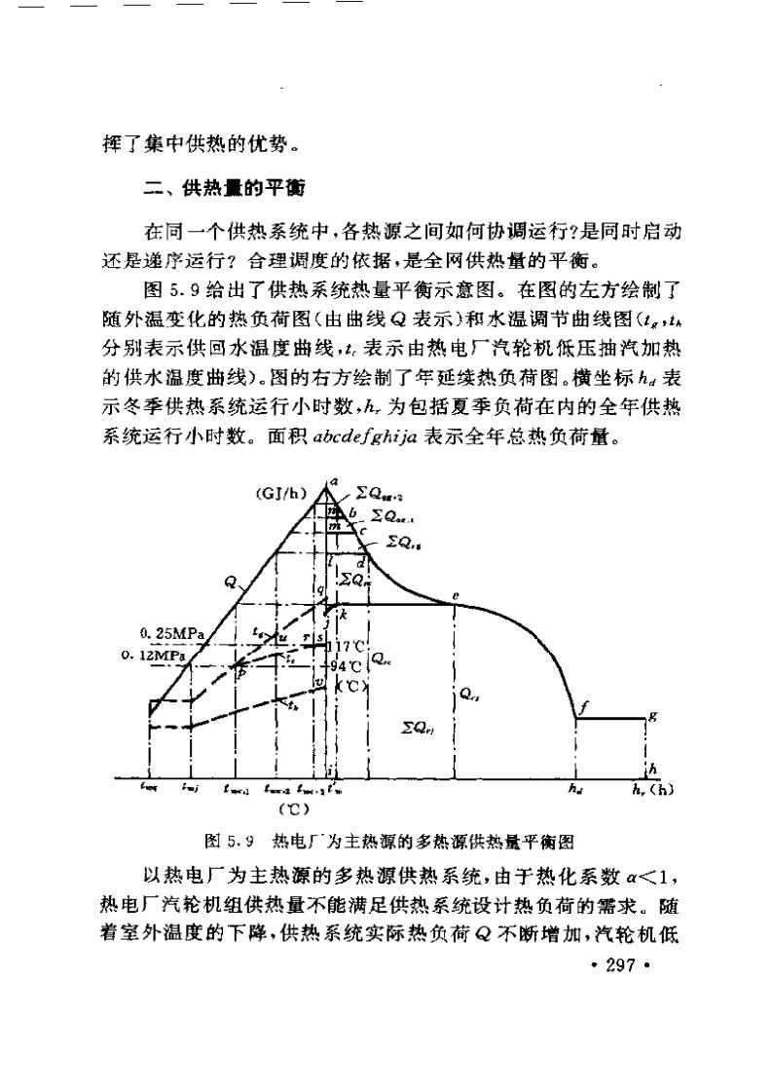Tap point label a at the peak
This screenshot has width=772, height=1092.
click(332, 480)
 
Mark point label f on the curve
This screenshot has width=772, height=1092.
click(580, 709)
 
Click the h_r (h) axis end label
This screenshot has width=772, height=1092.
click(651, 789)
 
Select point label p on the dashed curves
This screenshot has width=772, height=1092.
click(241, 672)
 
